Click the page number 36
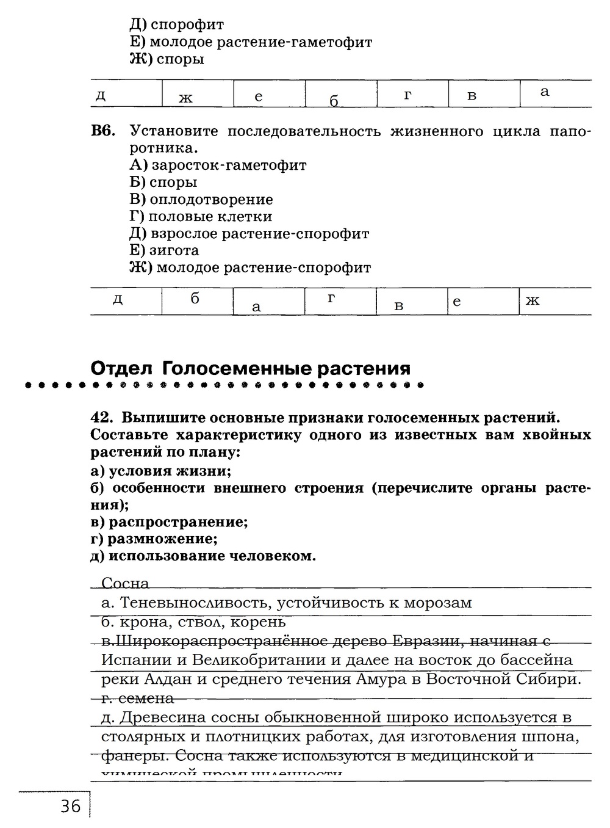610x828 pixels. pyautogui.click(x=71, y=807)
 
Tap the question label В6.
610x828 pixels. pyautogui.click(x=103, y=131)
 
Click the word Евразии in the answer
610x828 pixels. pyautogui.click(x=419, y=641)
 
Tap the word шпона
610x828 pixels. pyautogui.click(x=552, y=736)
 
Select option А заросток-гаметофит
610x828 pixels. pyautogui.click(x=218, y=165)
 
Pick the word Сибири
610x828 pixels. pyautogui.click(x=551, y=679)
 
